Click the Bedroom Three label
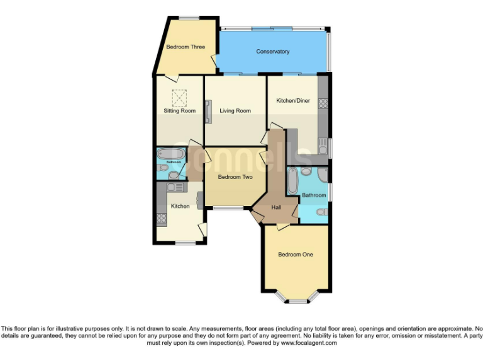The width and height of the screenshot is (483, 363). [x=180, y=47]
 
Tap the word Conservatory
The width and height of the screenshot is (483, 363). [x=273, y=52]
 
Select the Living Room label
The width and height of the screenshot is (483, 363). [x=235, y=111]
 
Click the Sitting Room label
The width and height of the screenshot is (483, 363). [x=180, y=111]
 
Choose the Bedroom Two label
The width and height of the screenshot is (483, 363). [x=235, y=177]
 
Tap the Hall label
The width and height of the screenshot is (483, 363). [x=276, y=207]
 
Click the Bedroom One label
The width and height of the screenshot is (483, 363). [x=296, y=255]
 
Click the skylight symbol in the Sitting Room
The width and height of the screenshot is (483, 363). [x=180, y=98]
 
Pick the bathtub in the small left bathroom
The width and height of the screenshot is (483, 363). [x=170, y=153]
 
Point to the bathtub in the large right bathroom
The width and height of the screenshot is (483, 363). [x=293, y=181]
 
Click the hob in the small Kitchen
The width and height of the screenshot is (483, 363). [x=161, y=219]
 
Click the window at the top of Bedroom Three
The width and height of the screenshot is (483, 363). [x=188, y=18]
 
